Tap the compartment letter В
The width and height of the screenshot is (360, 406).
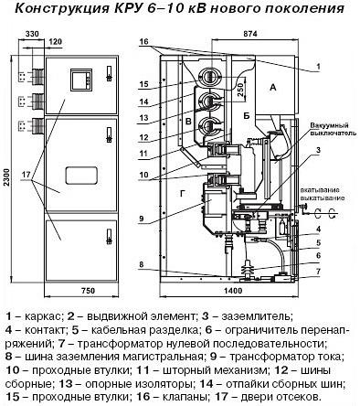point(186,121)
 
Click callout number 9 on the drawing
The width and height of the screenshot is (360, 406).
point(142,218)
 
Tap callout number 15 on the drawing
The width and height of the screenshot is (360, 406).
point(143,85)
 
